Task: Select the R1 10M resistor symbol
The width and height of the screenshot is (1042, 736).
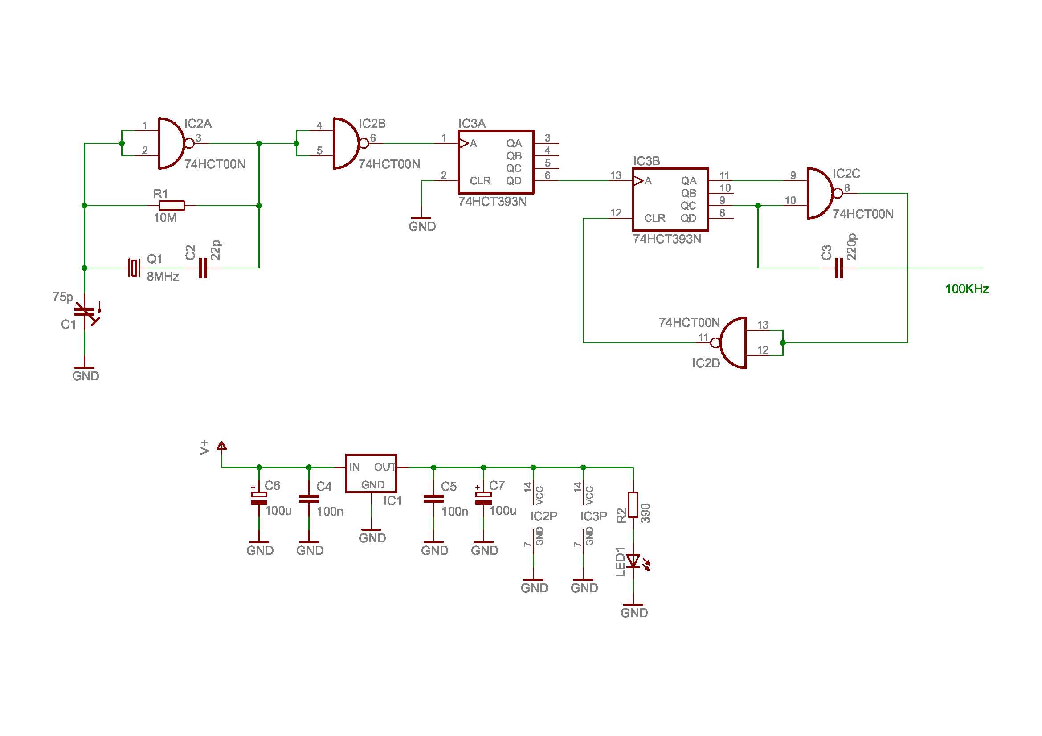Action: [172, 206]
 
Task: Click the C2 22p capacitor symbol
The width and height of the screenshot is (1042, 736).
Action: [203, 268]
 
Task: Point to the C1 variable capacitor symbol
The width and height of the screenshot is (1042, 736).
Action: [85, 312]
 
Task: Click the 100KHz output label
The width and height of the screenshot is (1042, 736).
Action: [967, 289]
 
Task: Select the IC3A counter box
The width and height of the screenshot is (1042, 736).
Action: [495, 162]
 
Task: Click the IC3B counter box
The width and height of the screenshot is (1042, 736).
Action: [670, 199]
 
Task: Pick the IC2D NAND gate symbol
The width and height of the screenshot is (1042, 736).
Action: [732, 343]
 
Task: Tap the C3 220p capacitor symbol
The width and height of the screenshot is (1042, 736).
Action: [839, 268]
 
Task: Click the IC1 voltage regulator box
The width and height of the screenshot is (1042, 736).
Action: [371, 473]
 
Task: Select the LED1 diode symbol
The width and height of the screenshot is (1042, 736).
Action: [633, 561]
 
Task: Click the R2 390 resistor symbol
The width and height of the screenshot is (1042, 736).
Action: [633, 505]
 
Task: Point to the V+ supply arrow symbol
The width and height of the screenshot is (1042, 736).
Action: [221, 446]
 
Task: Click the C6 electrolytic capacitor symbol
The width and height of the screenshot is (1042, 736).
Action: [259, 498]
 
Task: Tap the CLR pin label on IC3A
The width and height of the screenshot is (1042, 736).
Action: [480, 181]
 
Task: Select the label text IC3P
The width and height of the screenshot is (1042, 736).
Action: [593, 516]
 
